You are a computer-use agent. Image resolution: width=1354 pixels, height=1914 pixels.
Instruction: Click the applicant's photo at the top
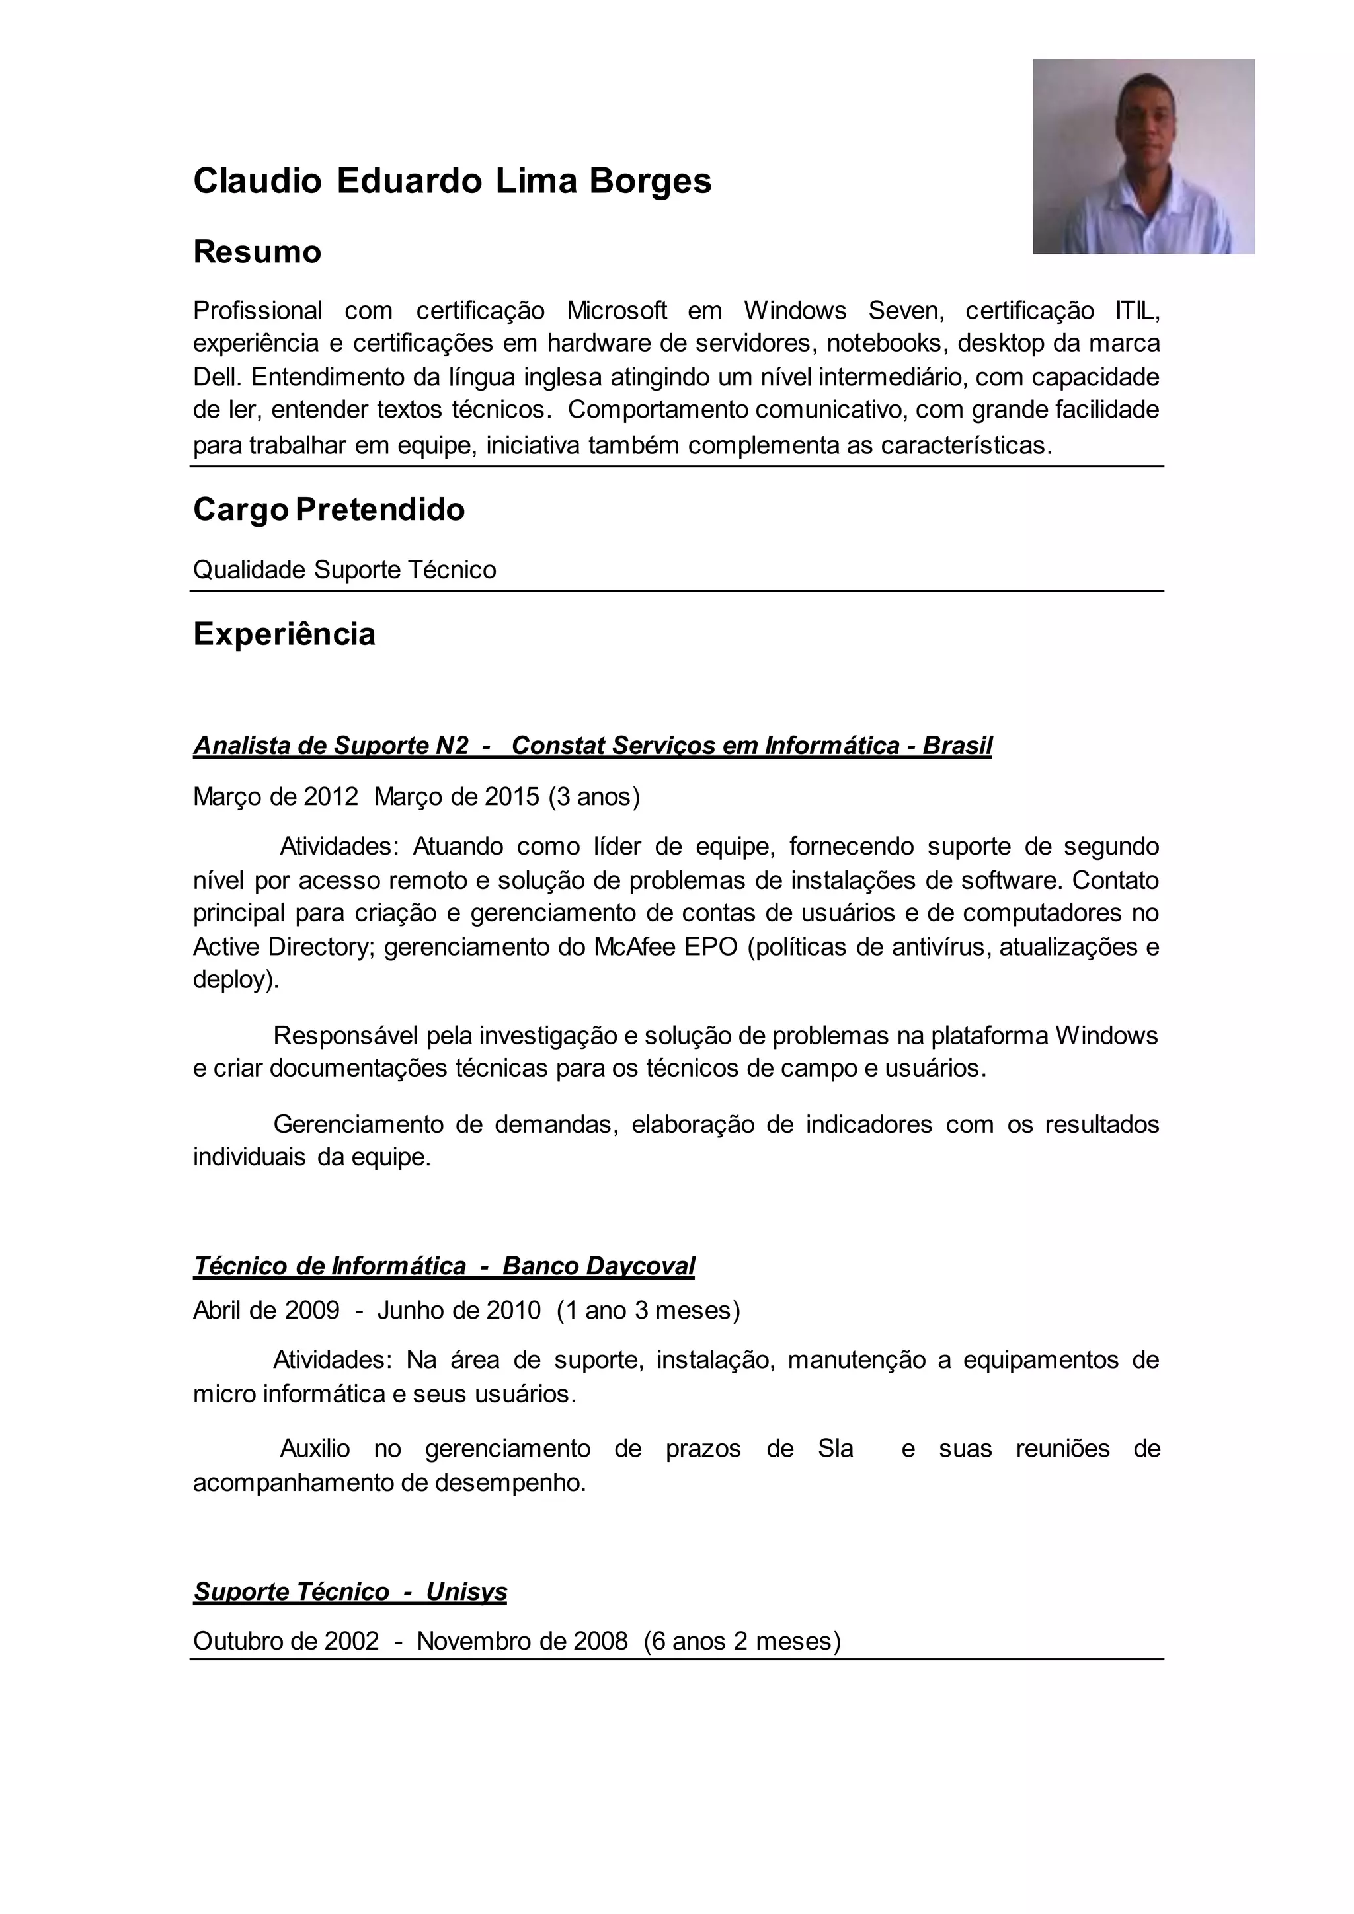[x=1143, y=157]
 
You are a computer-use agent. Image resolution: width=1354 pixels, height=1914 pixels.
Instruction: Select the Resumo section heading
[x=257, y=252]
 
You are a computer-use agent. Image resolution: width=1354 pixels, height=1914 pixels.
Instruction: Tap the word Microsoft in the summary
[x=616, y=310]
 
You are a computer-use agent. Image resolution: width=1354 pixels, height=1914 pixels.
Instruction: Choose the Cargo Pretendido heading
[x=329, y=510]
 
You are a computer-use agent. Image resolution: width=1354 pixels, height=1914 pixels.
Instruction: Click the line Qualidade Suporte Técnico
[x=344, y=570]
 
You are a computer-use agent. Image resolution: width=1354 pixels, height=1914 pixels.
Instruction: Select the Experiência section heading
[x=284, y=634]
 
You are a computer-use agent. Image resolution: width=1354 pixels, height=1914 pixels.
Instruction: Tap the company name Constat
[x=558, y=746]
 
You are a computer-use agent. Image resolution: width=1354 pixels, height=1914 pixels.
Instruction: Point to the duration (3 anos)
[x=594, y=797]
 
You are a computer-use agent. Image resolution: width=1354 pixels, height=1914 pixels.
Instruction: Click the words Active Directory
[x=284, y=947]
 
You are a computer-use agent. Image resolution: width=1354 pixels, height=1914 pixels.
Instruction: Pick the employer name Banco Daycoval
[x=598, y=1266]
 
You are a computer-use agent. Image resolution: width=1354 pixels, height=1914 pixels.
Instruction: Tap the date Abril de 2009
[x=266, y=1311]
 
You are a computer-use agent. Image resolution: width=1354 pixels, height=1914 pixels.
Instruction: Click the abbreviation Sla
[x=836, y=1449]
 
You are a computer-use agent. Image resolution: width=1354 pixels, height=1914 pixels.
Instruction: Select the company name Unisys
[x=466, y=1592]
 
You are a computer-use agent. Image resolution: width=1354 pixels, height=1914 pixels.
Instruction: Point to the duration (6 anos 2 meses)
[x=742, y=1642]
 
